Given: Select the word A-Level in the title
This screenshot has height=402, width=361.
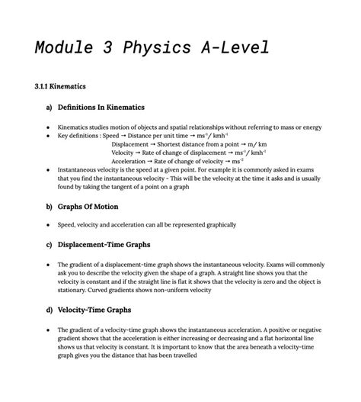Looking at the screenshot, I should (x=232, y=48).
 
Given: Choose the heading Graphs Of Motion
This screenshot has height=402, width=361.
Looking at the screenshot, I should (x=88, y=207).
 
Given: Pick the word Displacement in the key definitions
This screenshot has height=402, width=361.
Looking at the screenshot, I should (x=132, y=144).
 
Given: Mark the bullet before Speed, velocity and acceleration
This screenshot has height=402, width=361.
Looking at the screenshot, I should (x=48, y=225).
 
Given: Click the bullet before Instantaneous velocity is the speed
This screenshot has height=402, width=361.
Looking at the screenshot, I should (x=48, y=171).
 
